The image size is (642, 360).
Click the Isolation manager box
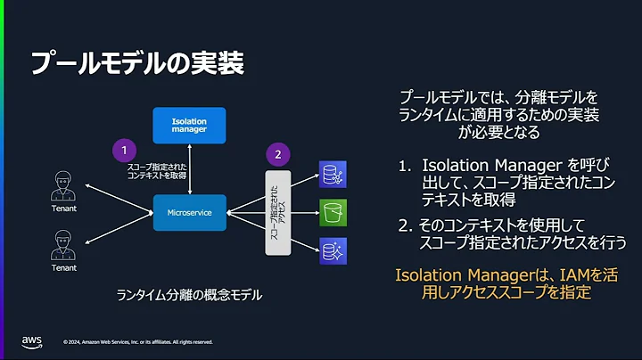188,126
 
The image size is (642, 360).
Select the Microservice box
188,213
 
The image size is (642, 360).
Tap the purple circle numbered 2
278,153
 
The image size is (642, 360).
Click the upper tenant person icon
63,187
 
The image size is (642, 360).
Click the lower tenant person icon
63,244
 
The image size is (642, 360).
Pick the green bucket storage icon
333,213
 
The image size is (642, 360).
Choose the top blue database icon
333,174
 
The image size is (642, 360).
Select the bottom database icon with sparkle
333,250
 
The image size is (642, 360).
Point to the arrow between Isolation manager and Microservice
188,168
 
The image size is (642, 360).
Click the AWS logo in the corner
33,342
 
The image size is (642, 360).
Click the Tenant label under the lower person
63,266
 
